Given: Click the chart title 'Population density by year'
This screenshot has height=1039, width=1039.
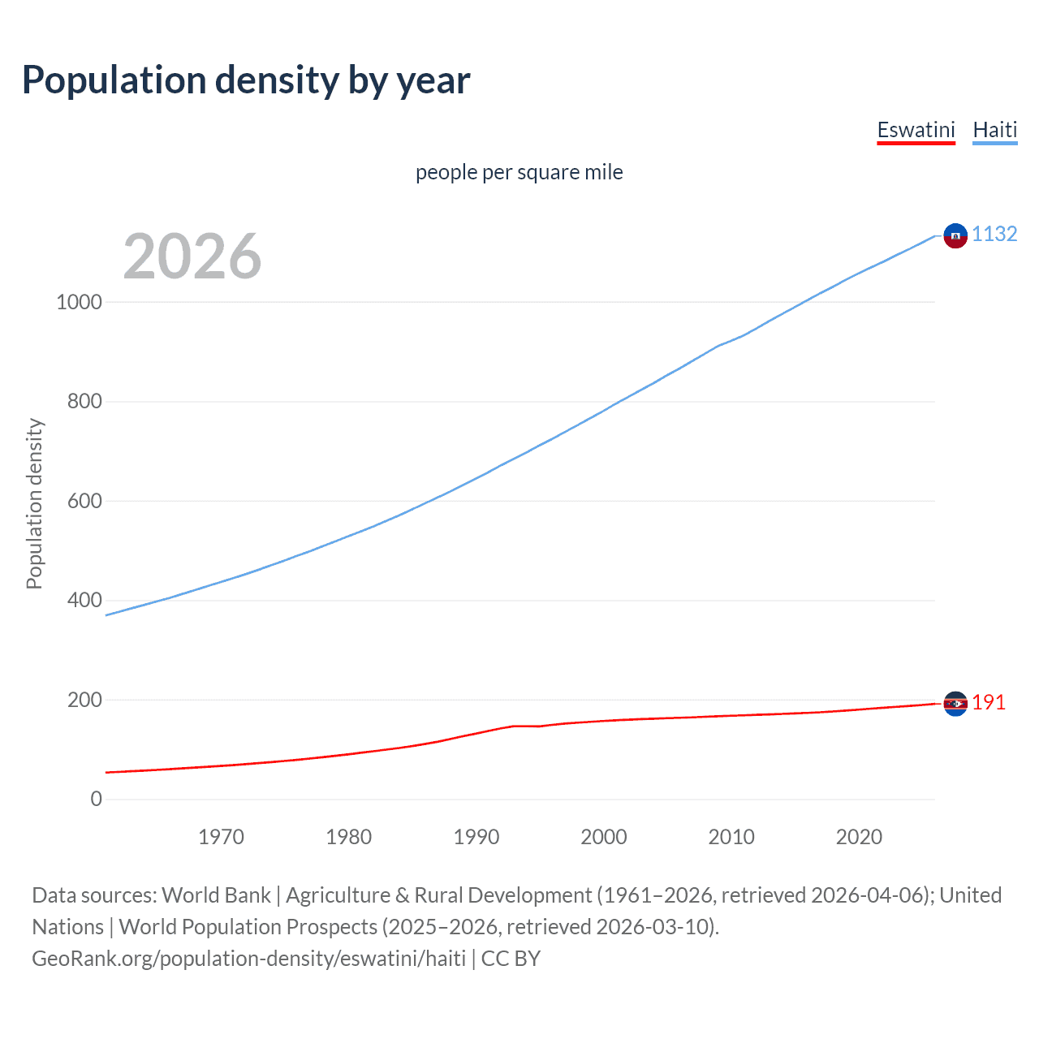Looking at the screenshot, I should click(x=246, y=80).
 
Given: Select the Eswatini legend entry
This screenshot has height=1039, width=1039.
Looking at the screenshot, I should click(x=916, y=130).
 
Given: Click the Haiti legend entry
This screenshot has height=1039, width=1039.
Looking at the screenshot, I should click(x=994, y=130).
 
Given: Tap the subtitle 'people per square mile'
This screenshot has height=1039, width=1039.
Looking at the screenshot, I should click(x=519, y=172).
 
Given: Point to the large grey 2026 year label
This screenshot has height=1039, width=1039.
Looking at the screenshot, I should click(x=192, y=257).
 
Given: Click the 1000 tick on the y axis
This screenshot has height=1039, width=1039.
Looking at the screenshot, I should click(x=80, y=302).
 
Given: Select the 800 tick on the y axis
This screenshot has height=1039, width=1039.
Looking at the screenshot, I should click(x=84, y=401).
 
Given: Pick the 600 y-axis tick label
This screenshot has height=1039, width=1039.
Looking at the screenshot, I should click(x=84, y=501).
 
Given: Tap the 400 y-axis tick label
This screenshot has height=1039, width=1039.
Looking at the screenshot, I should click(x=84, y=601).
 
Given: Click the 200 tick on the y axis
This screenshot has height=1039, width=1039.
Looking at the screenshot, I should click(x=84, y=700).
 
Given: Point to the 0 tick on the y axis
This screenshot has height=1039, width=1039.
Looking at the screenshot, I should click(x=97, y=800).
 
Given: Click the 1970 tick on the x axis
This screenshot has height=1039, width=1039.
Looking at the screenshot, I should click(x=221, y=837).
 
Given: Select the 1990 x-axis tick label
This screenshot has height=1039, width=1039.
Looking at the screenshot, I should click(x=476, y=837).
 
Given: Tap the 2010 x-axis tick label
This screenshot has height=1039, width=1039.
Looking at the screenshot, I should click(x=731, y=837).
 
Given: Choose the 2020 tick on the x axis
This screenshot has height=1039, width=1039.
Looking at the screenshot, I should click(x=859, y=837).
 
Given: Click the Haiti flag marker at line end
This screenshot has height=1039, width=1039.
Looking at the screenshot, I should click(x=955, y=235).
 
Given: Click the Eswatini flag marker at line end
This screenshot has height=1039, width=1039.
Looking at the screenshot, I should click(x=955, y=704).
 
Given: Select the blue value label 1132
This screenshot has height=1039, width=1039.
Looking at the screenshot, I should click(x=994, y=234).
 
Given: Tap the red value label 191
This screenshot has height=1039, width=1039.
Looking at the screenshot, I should click(x=989, y=702).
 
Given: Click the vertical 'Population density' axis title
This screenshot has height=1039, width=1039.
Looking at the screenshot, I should click(x=34, y=503).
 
